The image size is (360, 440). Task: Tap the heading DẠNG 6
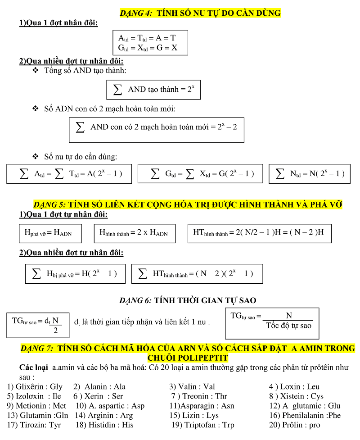click(x=136, y=300)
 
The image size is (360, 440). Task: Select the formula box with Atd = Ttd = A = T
click(x=150, y=42)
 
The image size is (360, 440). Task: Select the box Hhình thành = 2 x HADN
click(x=134, y=233)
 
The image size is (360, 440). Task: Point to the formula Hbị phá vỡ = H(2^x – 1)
click(x=75, y=273)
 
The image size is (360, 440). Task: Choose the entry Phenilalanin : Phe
click(x=311, y=415)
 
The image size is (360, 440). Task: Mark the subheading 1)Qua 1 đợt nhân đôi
click(x=58, y=23)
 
